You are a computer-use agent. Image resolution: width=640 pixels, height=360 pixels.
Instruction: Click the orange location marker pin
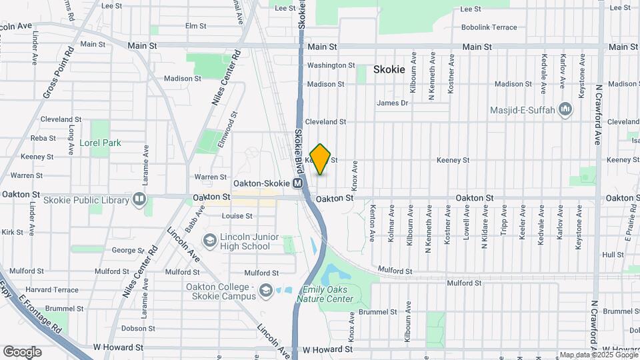321,159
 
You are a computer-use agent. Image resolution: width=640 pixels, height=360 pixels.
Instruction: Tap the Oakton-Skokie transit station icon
298,183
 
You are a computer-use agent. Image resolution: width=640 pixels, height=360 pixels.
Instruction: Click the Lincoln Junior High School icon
209,240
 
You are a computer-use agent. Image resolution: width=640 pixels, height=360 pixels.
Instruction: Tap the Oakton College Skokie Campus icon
266,290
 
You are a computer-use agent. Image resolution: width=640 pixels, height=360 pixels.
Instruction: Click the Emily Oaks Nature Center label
327,294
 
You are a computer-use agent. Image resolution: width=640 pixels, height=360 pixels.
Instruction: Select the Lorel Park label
100,143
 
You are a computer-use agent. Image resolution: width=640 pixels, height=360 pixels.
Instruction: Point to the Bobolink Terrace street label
489,27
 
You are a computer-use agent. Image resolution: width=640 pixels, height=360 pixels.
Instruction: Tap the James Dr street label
392,103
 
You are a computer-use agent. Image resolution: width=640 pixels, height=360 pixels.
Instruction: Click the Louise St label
237,216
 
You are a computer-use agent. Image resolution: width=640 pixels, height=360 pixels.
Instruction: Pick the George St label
123,250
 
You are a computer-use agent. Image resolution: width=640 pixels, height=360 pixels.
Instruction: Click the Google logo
22,351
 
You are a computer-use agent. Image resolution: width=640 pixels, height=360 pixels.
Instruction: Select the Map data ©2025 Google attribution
598,355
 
